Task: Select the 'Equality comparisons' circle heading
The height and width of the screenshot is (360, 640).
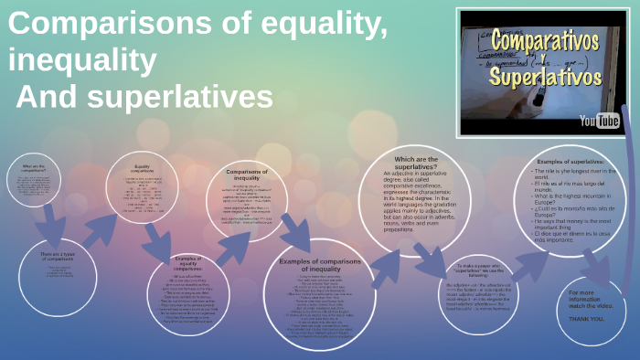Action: point(142,169)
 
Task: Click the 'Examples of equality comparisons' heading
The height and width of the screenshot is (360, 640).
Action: point(188,266)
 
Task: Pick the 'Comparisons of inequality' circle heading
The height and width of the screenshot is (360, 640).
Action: point(246,175)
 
